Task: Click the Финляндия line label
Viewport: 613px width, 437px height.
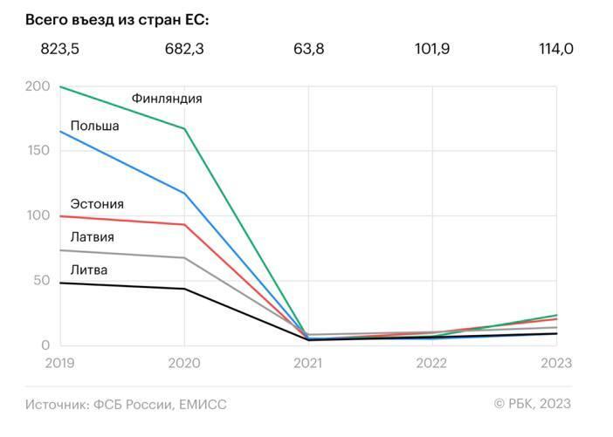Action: click(x=167, y=99)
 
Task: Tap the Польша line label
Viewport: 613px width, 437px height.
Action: click(x=94, y=126)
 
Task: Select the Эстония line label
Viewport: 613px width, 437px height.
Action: click(x=97, y=204)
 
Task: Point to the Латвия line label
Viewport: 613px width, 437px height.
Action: click(x=93, y=236)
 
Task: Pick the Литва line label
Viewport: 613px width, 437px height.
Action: click(x=89, y=270)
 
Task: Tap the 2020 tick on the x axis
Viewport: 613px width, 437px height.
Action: click(x=184, y=361)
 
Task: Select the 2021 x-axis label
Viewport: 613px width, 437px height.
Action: click(x=309, y=361)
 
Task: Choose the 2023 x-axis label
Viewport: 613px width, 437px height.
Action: click(x=556, y=361)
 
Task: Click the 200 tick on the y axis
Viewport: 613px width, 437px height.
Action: click(x=38, y=86)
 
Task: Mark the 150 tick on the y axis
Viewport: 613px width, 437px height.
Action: click(x=38, y=151)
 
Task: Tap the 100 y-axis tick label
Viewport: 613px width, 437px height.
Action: click(x=38, y=215)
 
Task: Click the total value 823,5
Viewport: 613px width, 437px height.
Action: click(x=60, y=49)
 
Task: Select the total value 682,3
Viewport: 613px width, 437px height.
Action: click(x=184, y=49)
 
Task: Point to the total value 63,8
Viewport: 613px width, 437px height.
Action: click(x=309, y=49)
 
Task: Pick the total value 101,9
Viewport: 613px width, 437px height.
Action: click(x=433, y=49)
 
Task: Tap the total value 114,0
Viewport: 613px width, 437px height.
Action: click(x=556, y=49)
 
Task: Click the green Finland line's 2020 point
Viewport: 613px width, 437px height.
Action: click(x=184, y=129)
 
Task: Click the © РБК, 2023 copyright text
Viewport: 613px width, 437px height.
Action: click(x=532, y=403)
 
